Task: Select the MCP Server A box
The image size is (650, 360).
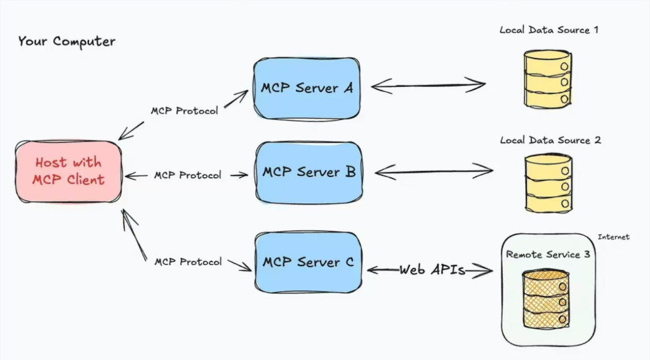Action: (307, 88)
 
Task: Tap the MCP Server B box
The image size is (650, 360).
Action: (308, 171)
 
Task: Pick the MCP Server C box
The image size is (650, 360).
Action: (308, 262)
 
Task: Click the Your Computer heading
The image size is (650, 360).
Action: (67, 42)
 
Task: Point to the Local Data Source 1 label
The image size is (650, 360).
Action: (549, 30)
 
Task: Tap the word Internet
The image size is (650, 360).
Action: (613, 237)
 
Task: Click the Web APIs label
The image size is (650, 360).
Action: (432, 270)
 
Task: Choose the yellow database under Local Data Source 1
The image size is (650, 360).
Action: (548, 79)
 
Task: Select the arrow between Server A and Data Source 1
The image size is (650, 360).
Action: (428, 84)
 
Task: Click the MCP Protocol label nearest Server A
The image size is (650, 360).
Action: (184, 110)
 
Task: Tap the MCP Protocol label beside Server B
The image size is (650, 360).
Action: (188, 175)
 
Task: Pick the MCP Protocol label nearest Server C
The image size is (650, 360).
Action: (188, 262)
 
